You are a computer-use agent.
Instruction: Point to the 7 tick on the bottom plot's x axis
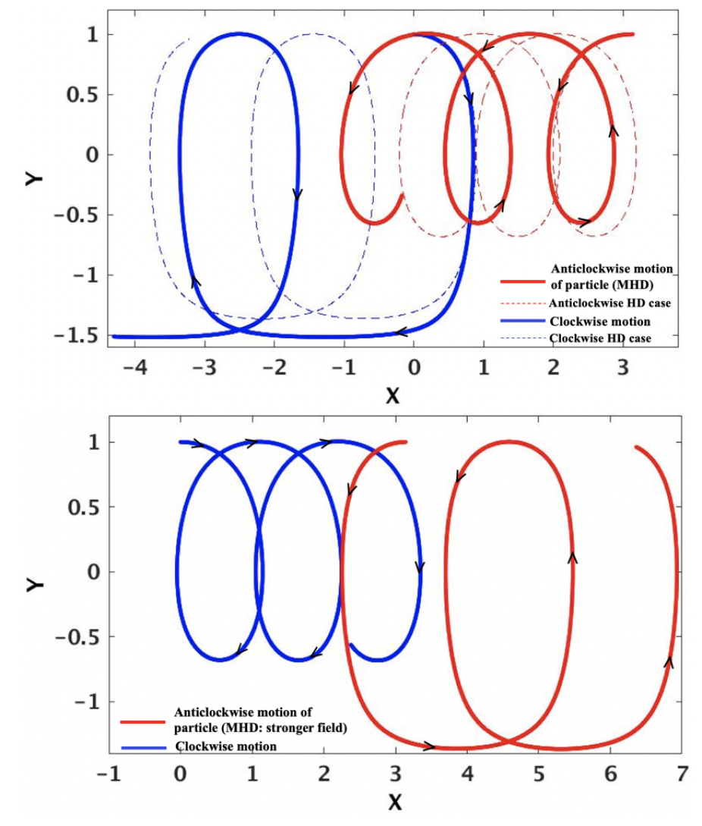682,774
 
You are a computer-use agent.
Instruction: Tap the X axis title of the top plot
392,394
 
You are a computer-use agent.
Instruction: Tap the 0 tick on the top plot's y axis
92,155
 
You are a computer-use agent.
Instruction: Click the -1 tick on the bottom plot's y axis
85,702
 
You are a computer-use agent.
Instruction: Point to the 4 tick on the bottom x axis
466,774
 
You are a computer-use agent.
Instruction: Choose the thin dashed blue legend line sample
522,338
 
